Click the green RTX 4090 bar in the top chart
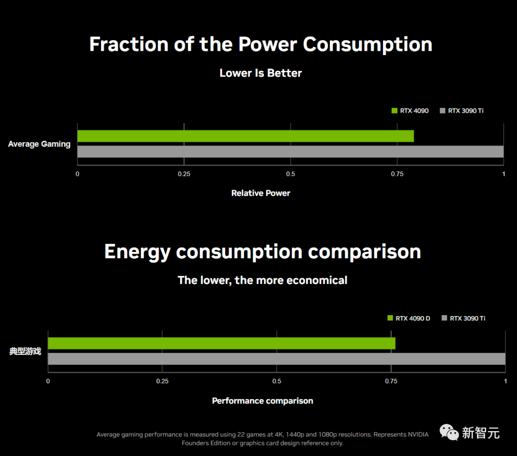point(245,136)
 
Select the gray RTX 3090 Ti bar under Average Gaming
point(290,151)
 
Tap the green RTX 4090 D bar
point(222,343)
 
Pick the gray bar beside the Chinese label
point(277,359)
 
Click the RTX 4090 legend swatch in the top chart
point(394,111)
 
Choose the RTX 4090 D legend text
point(413,318)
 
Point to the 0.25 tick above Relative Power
point(184,174)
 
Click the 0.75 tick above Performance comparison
point(391,381)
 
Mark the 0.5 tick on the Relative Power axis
point(291,174)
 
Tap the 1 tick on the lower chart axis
point(506,381)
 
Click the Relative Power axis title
point(261,193)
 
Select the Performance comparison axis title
point(262,401)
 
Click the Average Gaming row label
point(39,144)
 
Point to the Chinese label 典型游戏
point(25,351)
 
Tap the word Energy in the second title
point(137,252)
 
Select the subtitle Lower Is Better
point(261,73)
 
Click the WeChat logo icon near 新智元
point(449,433)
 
